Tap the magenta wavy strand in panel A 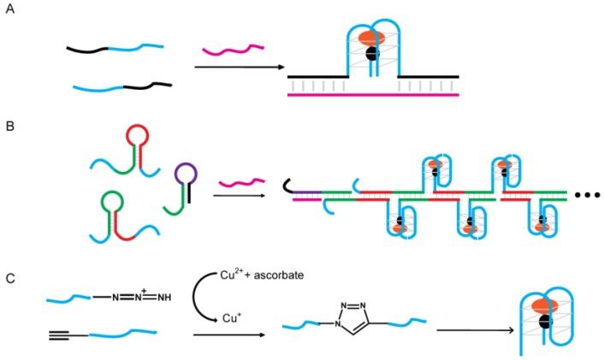pyautogui.click(x=226, y=56)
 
